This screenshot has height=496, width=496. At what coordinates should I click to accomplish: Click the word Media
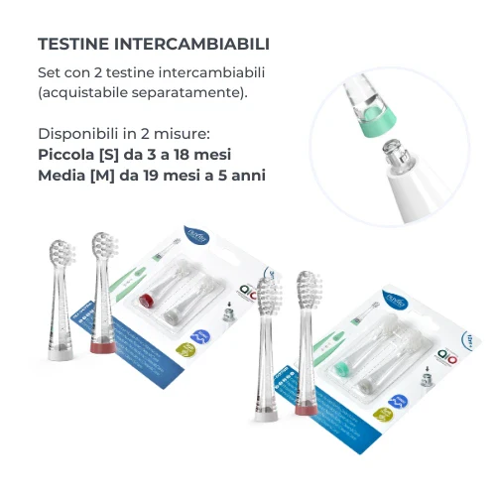pos(63,175)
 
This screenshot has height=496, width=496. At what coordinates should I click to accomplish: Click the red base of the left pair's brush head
pos(100,345)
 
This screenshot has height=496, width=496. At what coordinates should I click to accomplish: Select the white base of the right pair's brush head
pos(267,414)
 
